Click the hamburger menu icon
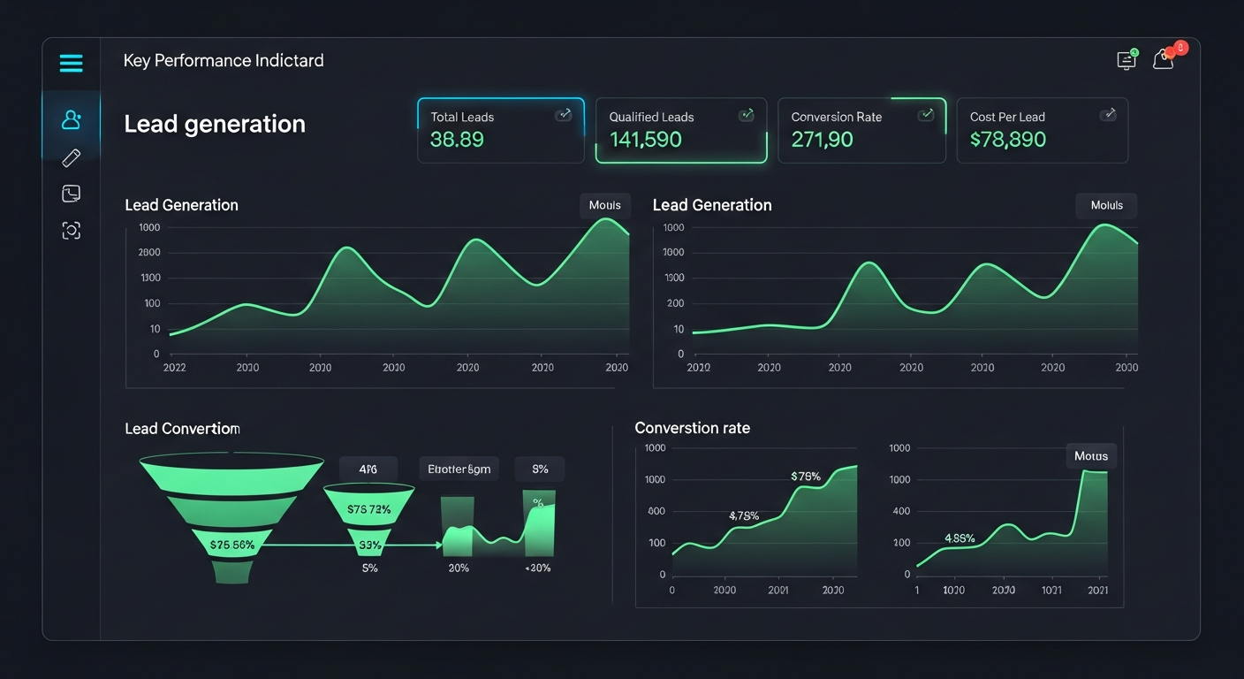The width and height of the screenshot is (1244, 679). pos(71,63)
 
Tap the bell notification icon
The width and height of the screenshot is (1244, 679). pos(1164,60)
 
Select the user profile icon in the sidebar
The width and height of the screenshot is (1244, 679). pos(71,119)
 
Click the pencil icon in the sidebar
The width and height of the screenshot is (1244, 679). pos(71,157)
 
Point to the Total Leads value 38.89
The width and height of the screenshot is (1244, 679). pos(457,140)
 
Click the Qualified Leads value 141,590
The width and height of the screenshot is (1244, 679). pos(645,140)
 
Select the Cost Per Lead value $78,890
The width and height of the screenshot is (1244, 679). pos(1007,140)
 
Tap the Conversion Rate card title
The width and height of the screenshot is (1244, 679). pos(836,117)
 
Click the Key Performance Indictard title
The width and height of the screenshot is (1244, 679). pos(224,61)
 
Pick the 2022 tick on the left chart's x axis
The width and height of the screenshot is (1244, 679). pos(174,368)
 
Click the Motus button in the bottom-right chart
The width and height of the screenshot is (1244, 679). pos(1091,456)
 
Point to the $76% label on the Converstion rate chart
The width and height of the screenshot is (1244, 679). pos(806,477)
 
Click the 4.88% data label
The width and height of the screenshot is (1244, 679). pos(960,538)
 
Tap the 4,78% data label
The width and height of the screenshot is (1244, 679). pos(744,515)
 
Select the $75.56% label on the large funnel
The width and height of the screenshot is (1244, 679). pos(232,545)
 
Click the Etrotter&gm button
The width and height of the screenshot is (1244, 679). pos(459,469)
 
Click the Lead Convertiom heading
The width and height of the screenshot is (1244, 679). pos(182,429)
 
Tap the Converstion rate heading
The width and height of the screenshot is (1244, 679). pos(692,428)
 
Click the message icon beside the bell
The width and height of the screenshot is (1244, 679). pos(1126,60)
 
